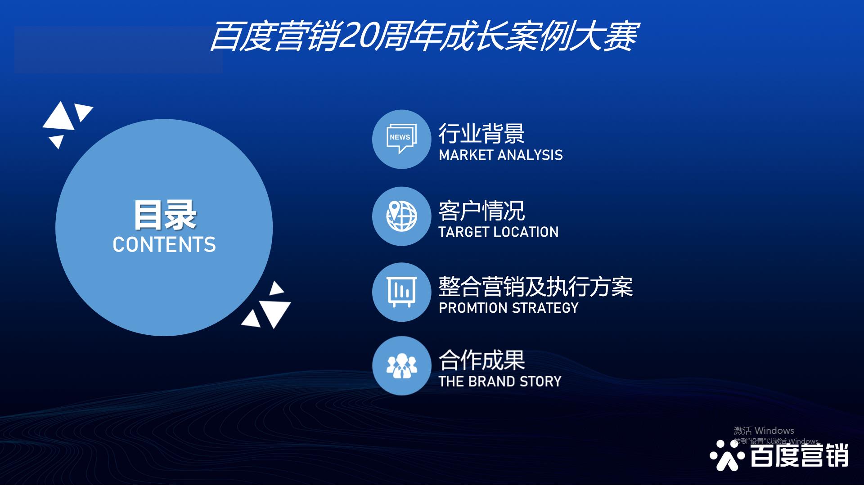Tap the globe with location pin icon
(x=402, y=216)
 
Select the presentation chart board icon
(x=402, y=292)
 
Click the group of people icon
(x=402, y=366)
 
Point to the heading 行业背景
(x=481, y=133)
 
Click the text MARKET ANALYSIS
(x=500, y=155)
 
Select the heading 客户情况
(x=481, y=211)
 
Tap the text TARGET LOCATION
(x=499, y=232)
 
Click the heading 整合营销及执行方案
(x=535, y=287)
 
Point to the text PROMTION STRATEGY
(x=508, y=308)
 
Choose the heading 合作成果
(x=481, y=360)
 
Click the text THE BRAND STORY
(x=500, y=382)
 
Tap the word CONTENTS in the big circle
(x=164, y=245)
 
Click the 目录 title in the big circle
(x=165, y=215)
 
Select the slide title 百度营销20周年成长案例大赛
(x=424, y=36)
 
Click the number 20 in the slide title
(x=357, y=36)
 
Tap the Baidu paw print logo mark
(x=726, y=455)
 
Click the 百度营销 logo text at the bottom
(x=799, y=455)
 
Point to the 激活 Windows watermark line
(x=764, y=431)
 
